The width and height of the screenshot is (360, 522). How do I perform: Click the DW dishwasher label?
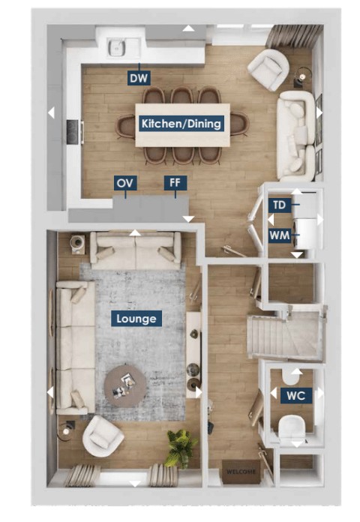(139, 78)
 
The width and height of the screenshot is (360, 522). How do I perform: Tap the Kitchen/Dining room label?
(181, 124)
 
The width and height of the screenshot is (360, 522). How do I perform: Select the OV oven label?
(125, 183)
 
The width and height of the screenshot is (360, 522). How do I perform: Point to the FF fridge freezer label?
(175, 183)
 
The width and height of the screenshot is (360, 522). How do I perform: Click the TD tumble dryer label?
(280, 205)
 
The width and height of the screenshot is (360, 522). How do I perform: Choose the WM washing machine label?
(280, 235)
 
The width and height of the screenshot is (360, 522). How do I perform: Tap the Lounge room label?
(136, 319)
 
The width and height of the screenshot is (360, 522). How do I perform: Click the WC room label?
(296, 395)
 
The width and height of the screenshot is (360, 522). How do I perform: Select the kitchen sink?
(116, 47)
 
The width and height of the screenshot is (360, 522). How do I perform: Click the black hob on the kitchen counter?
(73, 132)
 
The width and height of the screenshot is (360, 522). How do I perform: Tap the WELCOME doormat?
(241, 472)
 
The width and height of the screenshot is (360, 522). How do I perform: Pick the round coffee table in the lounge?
(125, 385)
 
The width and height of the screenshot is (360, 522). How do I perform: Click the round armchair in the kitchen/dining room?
(268, 70)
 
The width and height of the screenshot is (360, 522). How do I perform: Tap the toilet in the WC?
(292, 428)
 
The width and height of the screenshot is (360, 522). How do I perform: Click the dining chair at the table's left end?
(125, 126)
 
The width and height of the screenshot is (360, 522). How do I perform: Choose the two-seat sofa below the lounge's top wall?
(136, 250)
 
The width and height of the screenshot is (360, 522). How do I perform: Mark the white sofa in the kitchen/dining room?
(296, 136)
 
